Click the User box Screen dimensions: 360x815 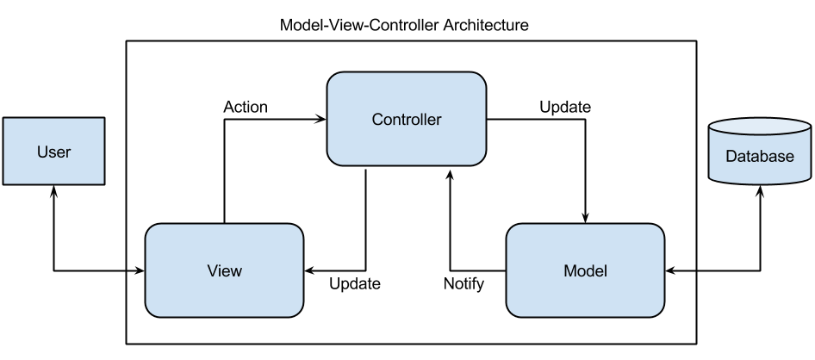[x=53, y=152]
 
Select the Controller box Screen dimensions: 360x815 [x=406, y=119]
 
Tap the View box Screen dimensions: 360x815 [x=224, y=270]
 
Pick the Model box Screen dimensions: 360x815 [x=585, y=270]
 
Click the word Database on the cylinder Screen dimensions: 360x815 [x=759, y=157]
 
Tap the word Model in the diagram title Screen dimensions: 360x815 [x=298, y=26]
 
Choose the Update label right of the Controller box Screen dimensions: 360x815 [x=564, y=109]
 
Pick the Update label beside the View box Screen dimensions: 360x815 [x=354, y=282]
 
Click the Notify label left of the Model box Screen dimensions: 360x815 [x=463, y=282]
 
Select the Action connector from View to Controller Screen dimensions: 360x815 [x=224, y=172]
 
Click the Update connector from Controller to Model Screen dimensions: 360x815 [x=586, y=172]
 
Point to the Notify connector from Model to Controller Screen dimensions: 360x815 [x=450, y=224]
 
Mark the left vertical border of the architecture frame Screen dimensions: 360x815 [x=128, y=189]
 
